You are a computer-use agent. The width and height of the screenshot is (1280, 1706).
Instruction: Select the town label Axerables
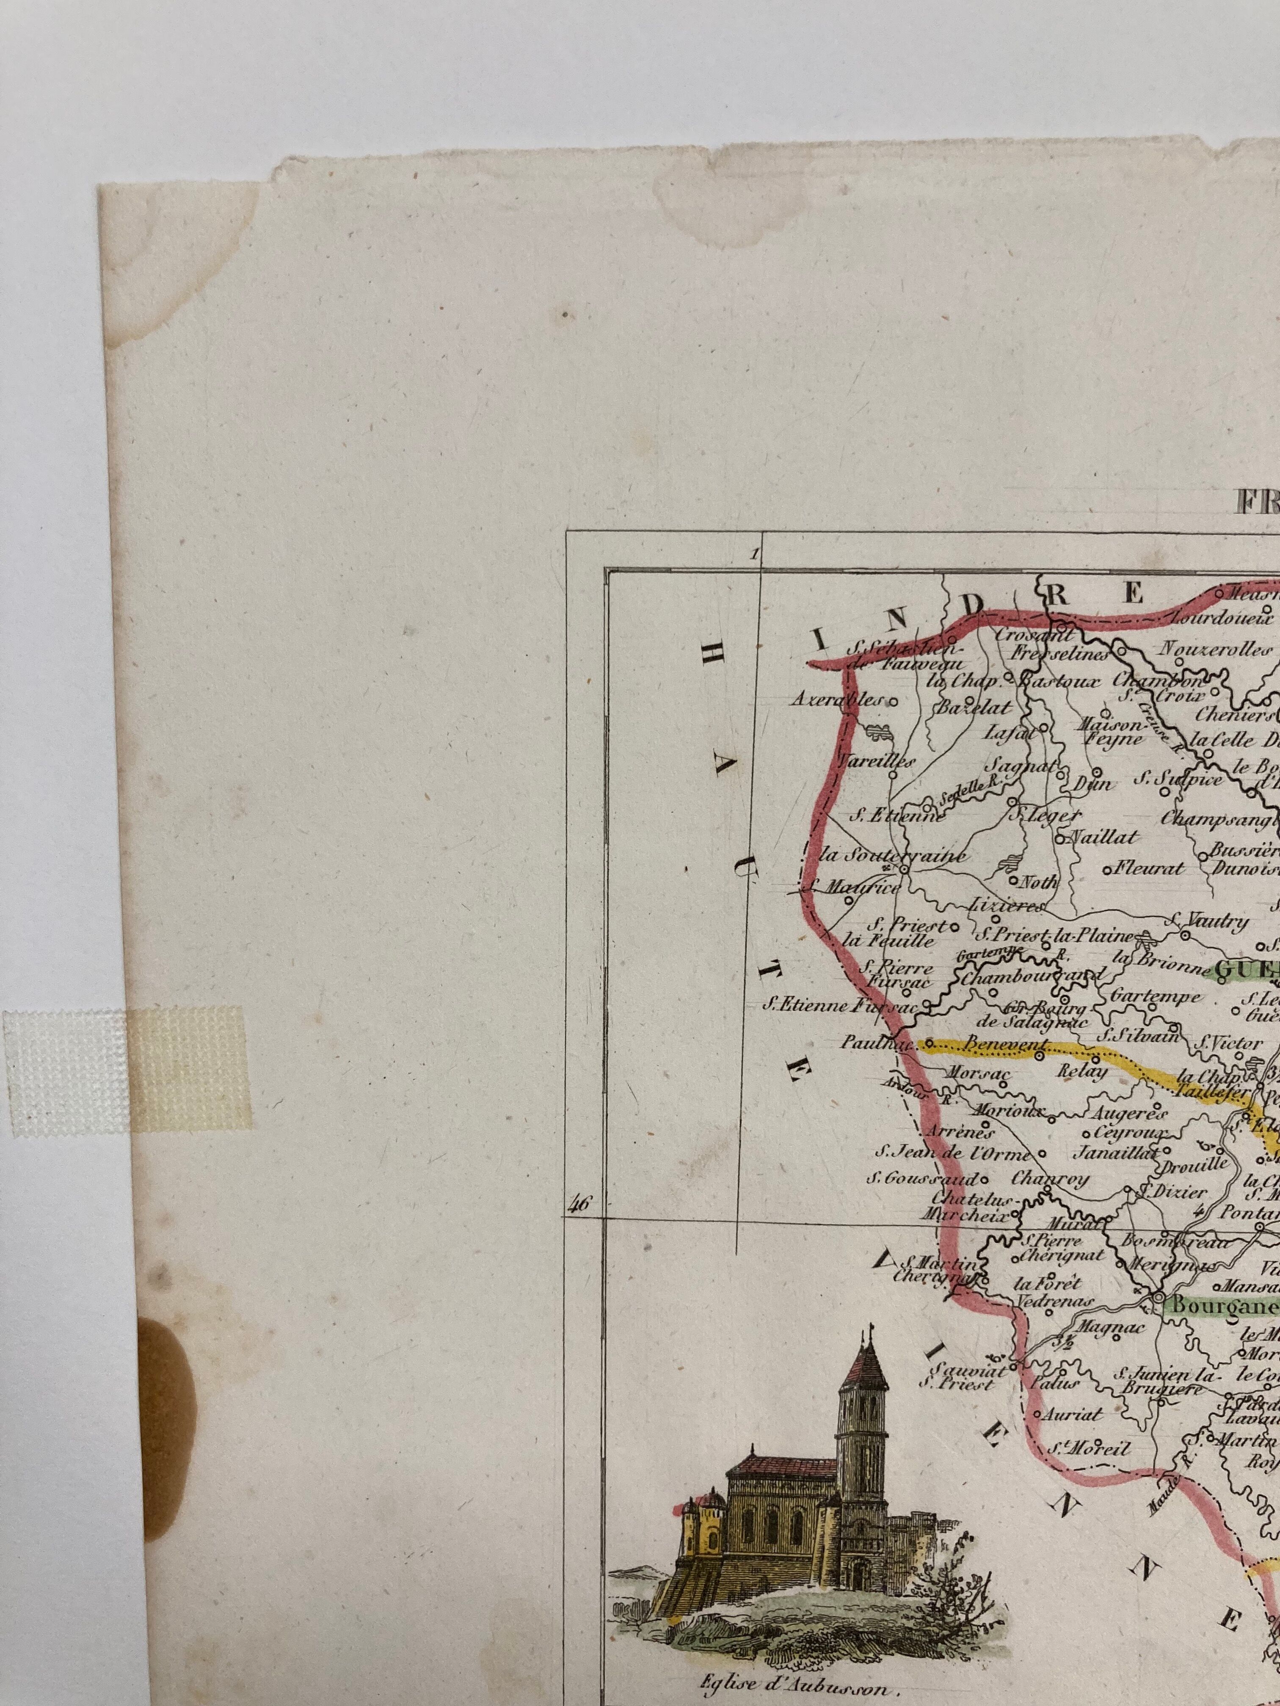tap(837, 701)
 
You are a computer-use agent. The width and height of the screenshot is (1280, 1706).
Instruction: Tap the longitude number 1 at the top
tap(754, 553)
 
